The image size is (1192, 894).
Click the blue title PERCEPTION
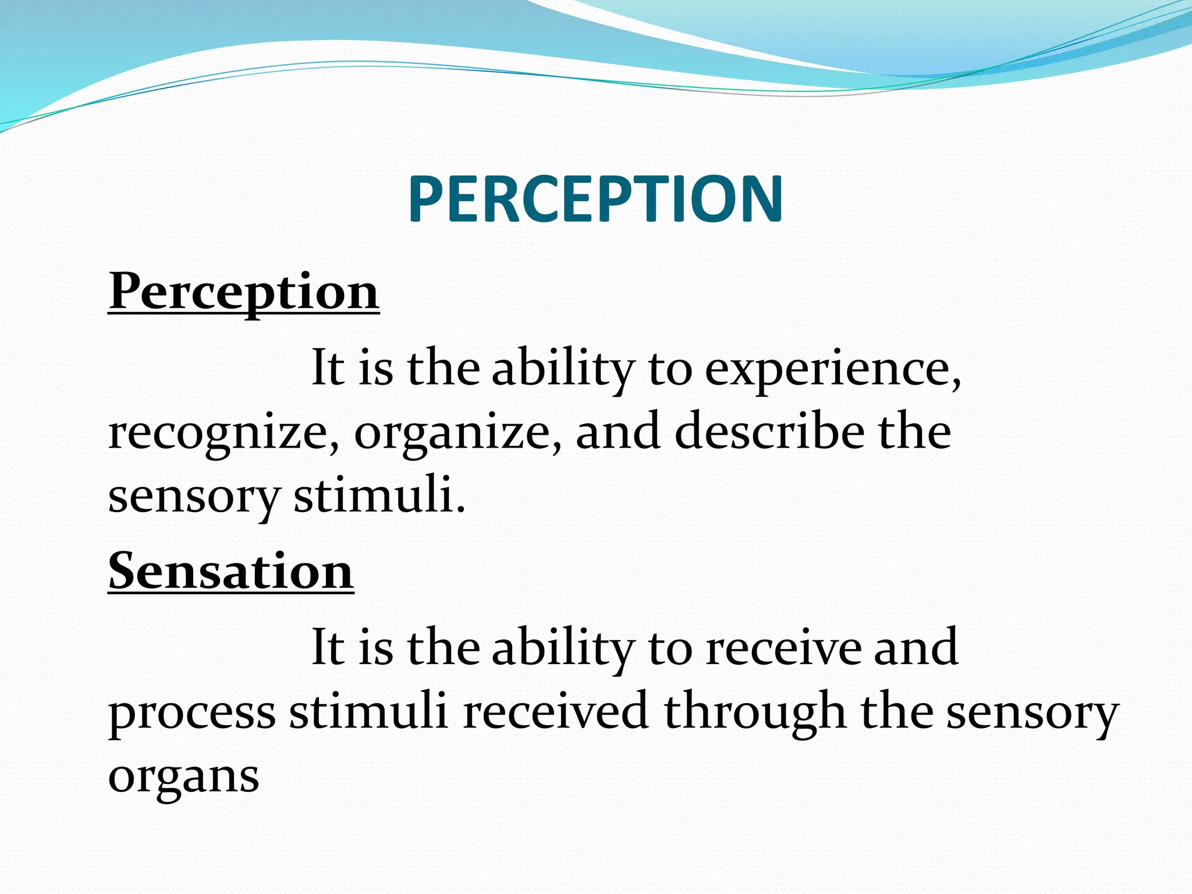[x=595, y=200]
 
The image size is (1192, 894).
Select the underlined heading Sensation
[x=231, y=571]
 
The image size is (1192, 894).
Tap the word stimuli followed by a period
[x=379, y=495]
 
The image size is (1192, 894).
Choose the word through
[x=755, y=711]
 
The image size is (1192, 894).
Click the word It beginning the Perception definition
[x=328, y=367]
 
